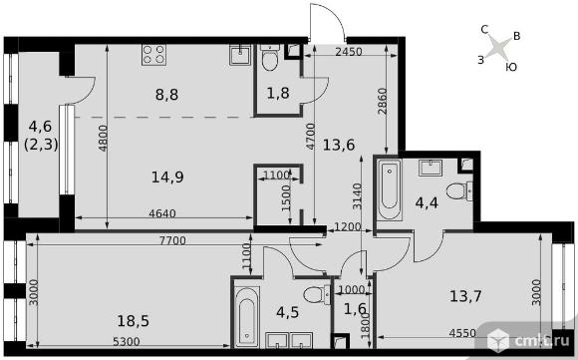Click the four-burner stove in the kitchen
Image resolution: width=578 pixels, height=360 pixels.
pyautogui.click(x=153, y=55)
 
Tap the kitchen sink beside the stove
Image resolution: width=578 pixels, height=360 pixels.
pyautogui.click(x=240, y=55)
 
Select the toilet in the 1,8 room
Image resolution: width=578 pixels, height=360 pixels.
pyautogui.click(x=270, y=58)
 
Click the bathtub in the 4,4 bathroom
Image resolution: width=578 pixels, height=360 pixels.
pyautogui.click(x=390, y=189)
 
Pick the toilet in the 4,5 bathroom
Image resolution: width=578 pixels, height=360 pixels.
pyautogui.click(x=317, y=295)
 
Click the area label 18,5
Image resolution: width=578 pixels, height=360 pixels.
pyautogui.click(x=134, y=321)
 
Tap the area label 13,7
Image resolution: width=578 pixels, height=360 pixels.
pyautogui.click(x=466, y=296)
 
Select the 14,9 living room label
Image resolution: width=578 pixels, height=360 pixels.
pyautogui.click(x=167, y=178)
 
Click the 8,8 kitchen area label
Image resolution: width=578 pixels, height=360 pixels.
pyautogui.click(x=167, y=95)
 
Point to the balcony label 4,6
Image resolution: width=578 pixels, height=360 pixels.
pyautogui.click(x=40, y=127)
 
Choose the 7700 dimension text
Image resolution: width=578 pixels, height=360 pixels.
pyautogui.click(x=172, y=241)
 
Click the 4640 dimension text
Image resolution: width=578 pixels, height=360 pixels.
pyautogui.click(x=162, y=213)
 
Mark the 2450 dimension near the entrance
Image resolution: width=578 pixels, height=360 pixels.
pyautogui.click(x=349, y=52)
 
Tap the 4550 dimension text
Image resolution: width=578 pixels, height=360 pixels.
pyautogui.click(x=462, y=333)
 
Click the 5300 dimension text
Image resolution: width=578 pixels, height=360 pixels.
pyautogui.click(x=127, y=342)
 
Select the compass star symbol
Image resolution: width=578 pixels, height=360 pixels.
pyautogui.click(x=498, y=47)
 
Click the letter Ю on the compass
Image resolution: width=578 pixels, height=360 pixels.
pyautogui.click(x=511, y=67)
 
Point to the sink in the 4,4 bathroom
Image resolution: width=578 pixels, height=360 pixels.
pyautogui.click(x=431, y=168)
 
